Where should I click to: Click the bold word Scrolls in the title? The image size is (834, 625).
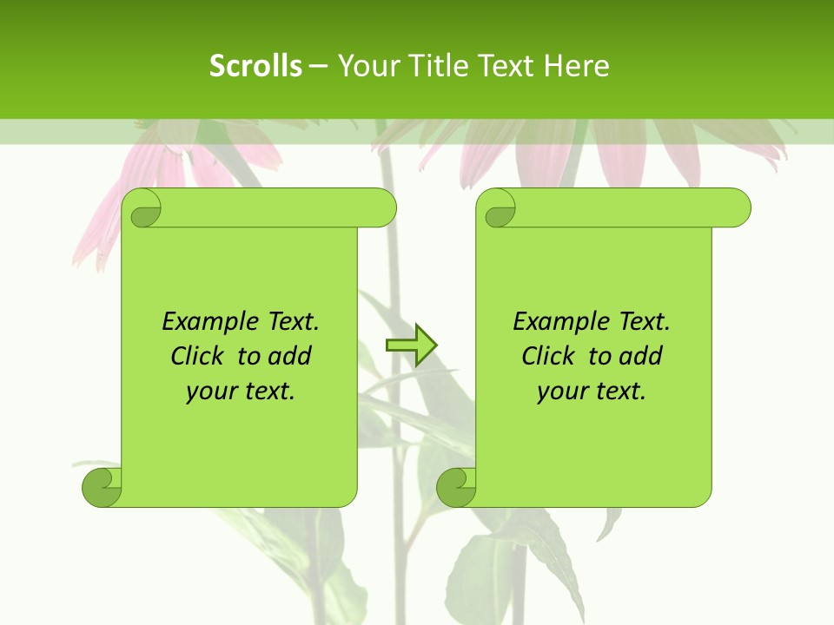[x=255, y=66]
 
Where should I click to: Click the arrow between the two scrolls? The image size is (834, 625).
[x=411, y=345]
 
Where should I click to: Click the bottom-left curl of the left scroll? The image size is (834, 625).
[x=103, y=487]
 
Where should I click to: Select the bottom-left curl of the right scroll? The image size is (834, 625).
[x=456, y=487]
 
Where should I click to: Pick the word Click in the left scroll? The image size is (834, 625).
[x=198, y=357]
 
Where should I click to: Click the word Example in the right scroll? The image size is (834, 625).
[x=557, y=322]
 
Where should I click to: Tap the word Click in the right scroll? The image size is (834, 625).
[x=548, y=357]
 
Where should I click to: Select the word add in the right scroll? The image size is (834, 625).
[x=641, y=357]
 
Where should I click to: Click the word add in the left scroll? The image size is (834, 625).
[x=290, y=357]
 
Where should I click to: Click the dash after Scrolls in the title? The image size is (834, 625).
[x=318, y=66]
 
